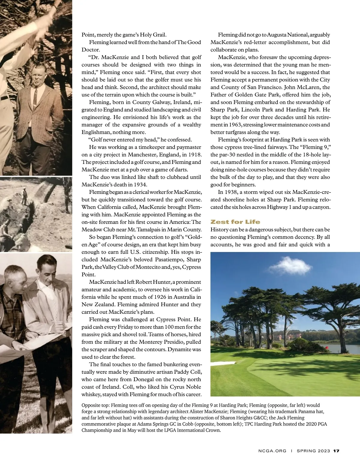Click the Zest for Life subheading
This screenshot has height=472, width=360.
tap(235, 222)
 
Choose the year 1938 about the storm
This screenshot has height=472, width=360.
tap(232, 192)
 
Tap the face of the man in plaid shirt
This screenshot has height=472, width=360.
tap(15, 279)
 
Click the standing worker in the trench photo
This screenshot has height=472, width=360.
tap(25, 195)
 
